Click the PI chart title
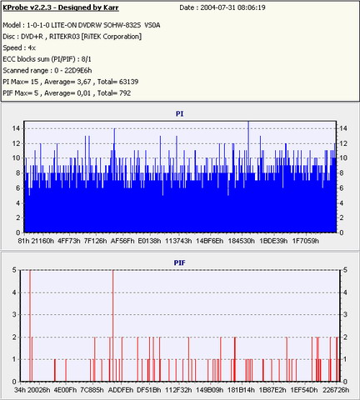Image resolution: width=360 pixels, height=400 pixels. pyautogui.click(x=179, y=113)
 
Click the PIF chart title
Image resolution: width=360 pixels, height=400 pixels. pyautogui.click(x=179, y=262)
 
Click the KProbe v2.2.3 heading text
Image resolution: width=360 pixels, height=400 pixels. pyautogui.click(x=61, y=7)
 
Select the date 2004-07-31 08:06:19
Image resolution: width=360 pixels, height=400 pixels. pyautogui.click(x=232, y=7)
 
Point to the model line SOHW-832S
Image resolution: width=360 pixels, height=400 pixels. pyautogui.click(x=122, y=25)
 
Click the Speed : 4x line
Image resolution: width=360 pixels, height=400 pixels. pyautogui.click(x=19, y=47)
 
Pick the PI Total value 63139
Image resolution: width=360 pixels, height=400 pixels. pyautogui.click(x=128, y=82)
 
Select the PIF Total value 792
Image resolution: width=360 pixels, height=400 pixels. pyautogui.click(x=125, y=93)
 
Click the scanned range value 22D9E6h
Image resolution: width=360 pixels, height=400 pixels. pyautogui.click(x=77, y=71)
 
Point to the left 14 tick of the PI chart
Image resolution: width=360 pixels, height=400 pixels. pyautogui.click(x=16, y=128)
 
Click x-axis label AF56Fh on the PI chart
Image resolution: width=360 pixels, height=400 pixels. pyautogui.click(x=122, y=241)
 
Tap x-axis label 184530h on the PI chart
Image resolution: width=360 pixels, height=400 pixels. pyautogui.click(x=241, y=241)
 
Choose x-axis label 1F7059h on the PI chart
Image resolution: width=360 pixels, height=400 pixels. pyautogui.click(x=305, y=241)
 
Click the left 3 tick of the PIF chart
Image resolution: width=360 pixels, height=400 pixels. pyautogui.click(x=14, y=314)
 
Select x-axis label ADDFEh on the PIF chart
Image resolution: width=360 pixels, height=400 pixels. pyautogui.click(x=121, y=390)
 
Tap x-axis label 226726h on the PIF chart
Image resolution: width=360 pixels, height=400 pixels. pyautogui.click(x=336, y=390)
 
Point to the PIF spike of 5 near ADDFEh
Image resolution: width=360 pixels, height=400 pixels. pyautogui.click(x=112, y=326)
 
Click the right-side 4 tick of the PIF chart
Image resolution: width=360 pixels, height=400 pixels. pyautogui.click(x=345, y=292)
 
